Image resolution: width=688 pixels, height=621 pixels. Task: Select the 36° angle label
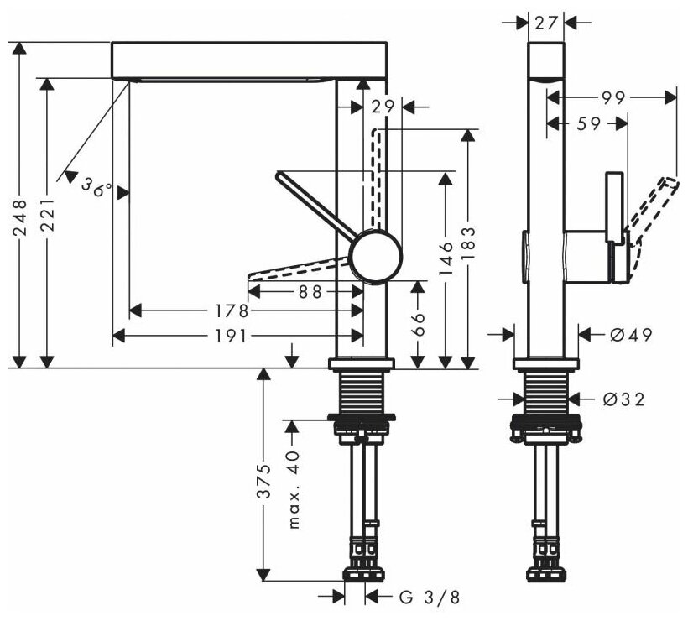(x=96, y=187)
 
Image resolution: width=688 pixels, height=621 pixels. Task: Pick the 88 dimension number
(x=310, y=291)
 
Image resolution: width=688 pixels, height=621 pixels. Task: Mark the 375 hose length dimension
(x=263, y=481)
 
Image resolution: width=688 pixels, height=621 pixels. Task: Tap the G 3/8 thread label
(x=430, y=598)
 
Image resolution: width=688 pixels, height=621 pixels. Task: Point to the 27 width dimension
(x=546, y=23)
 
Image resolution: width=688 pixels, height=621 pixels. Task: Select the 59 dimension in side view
(x=590, y=124)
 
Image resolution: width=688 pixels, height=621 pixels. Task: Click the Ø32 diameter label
(x=624, y=399)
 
